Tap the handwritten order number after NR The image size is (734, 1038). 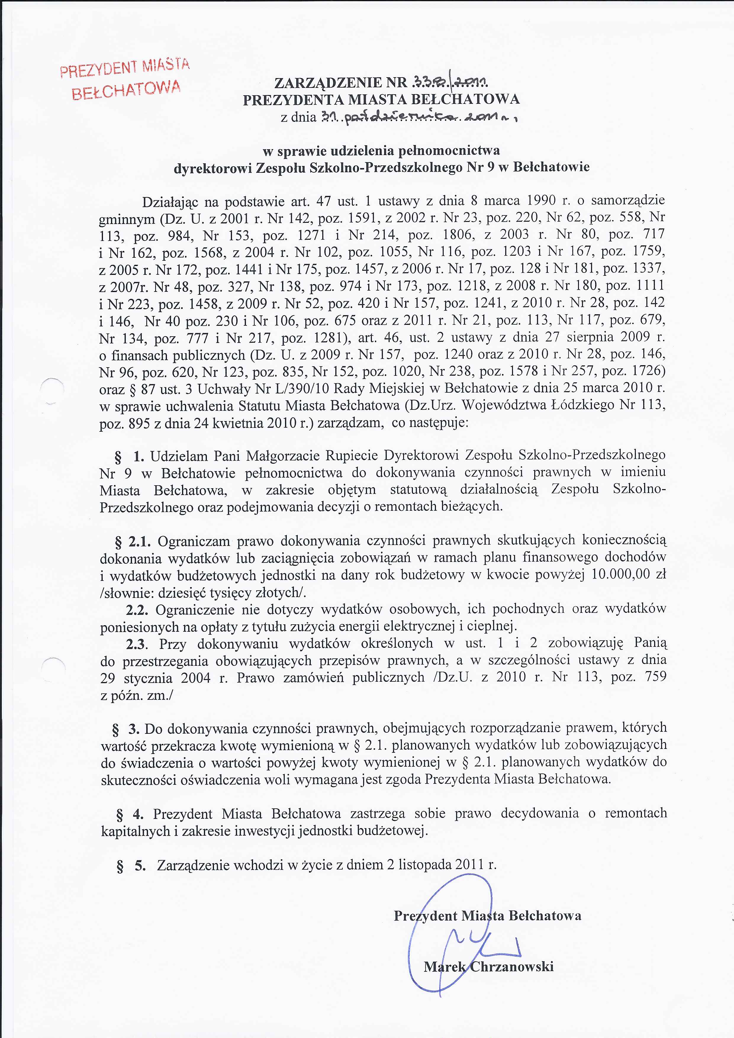(450, 82)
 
